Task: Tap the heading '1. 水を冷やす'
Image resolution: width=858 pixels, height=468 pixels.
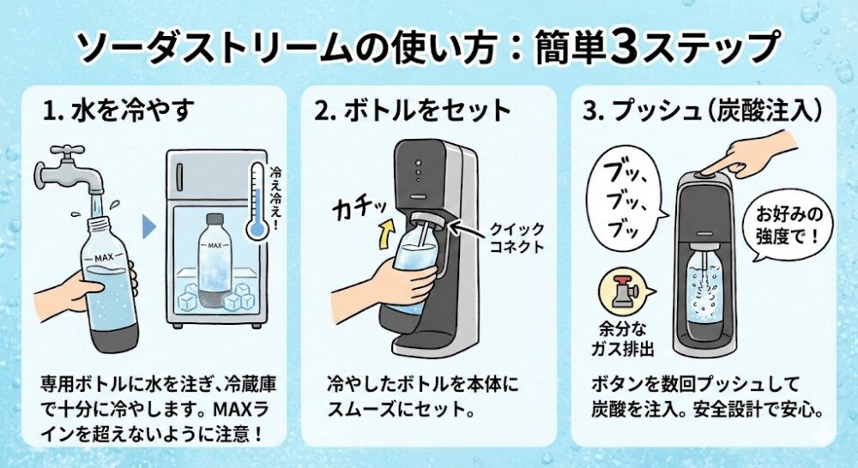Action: (x=118, y=111)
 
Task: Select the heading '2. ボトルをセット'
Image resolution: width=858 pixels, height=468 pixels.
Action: (x=413, y=111)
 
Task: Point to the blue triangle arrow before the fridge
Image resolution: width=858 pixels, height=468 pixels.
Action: (x=149, y=227)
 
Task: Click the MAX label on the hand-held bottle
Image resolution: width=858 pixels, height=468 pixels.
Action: (x=104, y=257)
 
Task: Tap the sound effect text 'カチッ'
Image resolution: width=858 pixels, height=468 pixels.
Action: (x=360, y=207)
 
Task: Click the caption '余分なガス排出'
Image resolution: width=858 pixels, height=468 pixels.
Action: (x=623, y=339)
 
